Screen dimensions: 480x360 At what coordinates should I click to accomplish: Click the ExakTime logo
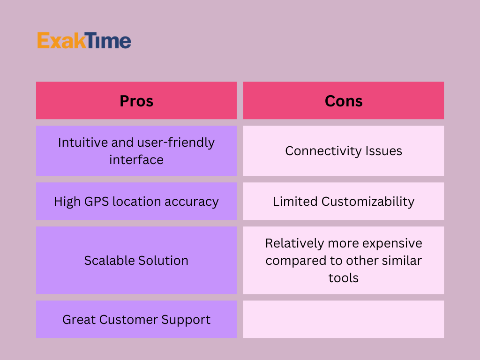(84, 40)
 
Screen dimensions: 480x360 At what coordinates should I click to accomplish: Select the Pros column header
(136, 100)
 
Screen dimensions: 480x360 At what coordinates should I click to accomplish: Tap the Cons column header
(344, 100)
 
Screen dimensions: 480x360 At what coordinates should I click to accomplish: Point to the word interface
(136, 159)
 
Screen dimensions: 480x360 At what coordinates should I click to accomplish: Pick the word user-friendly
(176, 143)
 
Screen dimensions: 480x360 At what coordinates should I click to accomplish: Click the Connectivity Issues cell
(344, 150)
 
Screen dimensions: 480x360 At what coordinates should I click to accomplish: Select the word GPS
(97, 202)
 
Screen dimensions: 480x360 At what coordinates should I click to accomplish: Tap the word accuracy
(192, 202)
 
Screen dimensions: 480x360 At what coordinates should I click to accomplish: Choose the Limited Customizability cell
(344, 201)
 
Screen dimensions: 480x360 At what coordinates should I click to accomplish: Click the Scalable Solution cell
(136, 260)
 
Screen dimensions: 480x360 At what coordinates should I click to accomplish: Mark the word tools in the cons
(344, 277)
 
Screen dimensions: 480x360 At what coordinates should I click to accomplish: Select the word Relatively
(294, 244)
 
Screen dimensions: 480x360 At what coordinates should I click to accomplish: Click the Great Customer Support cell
(136, 319)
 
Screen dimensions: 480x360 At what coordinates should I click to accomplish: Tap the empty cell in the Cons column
(344, 319)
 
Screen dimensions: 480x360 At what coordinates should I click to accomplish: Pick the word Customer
(128, 320)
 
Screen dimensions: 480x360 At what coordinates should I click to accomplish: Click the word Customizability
(367, 202)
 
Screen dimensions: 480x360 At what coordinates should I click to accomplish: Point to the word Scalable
(110, 261)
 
